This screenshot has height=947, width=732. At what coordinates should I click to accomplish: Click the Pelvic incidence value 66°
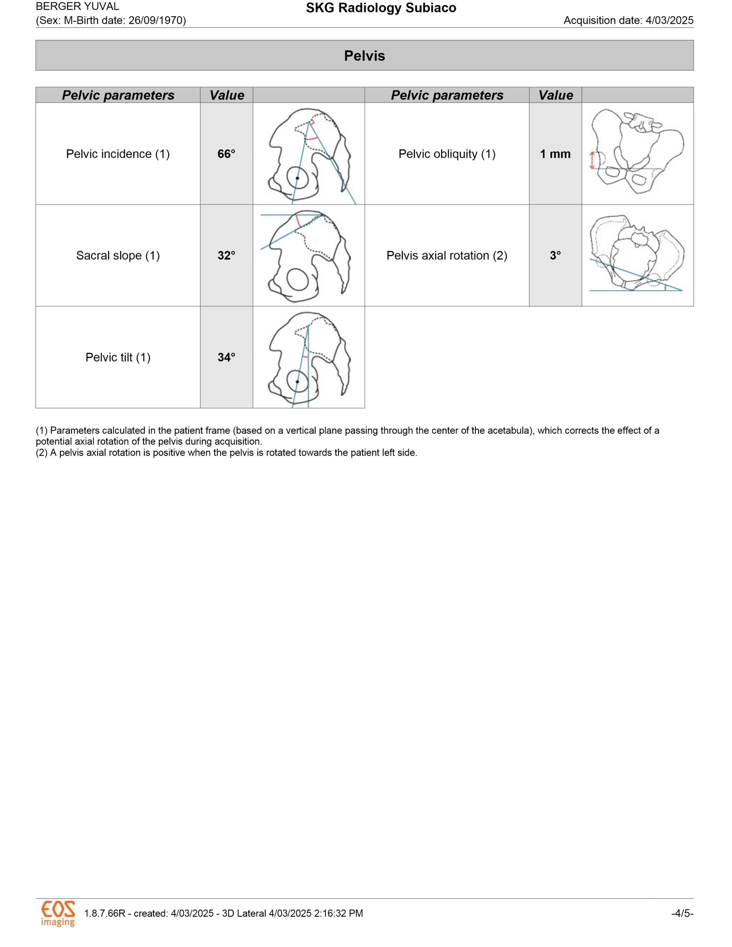click(x=226, y=154)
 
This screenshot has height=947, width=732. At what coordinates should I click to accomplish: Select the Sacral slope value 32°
click(x=226, y=255)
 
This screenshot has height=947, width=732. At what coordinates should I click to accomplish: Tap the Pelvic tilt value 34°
click(x=226, y=357)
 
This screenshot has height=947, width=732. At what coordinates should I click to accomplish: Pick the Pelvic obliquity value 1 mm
click(x=555, y=154)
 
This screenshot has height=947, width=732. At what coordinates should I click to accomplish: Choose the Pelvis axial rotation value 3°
click(x=555, y=255)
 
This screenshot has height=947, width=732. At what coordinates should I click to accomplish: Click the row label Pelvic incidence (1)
click(x=117, y=154)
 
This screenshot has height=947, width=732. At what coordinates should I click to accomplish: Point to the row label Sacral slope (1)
click(x=117, y=255)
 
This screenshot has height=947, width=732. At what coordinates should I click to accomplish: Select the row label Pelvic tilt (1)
click(x=117, y=357)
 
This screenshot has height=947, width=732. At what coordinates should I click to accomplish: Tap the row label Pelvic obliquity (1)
click(x=447, y=154)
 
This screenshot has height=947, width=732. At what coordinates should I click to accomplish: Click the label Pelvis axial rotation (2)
click(x=447, y=255)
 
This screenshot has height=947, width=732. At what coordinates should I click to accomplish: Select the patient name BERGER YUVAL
click(x=77, y=7)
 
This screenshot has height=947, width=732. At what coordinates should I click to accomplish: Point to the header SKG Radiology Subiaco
click(x=381, y=8)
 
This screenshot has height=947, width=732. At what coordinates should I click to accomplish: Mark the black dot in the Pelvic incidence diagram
click(x=297, y=178)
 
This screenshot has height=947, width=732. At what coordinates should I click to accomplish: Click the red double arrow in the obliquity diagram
click(x=592, y=160)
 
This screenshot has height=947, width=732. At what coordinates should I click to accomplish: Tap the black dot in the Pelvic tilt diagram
click(x=297, y=382)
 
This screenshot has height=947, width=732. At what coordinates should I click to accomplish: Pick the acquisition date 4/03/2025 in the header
click(x=669, y=20)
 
